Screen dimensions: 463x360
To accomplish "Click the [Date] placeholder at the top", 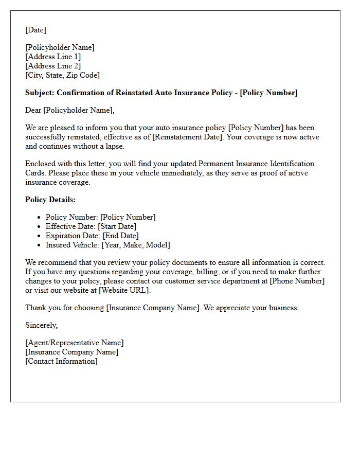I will tap(35, 30).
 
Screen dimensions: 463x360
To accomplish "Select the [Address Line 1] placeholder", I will tap(53, 57).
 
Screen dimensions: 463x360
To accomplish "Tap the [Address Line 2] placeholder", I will tap(53, 66).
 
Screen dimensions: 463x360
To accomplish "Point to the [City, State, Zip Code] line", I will tap(62, 75).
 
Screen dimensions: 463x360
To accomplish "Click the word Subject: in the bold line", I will tap(40, 93).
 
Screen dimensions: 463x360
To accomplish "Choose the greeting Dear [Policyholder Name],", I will tap(70, 110).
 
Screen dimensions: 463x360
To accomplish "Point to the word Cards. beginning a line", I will tap(35, 173).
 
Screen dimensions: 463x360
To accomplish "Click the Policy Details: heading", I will tap(50, 200).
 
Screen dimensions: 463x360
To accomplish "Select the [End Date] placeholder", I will tap(120, 236).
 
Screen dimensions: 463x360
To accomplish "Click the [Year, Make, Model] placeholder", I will tap(136, 245).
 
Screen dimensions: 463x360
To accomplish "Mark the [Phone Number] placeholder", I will tap(297, 281).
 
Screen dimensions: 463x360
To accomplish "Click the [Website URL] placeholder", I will tap(124, 290).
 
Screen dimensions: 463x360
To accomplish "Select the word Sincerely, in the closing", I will tap(42, 325).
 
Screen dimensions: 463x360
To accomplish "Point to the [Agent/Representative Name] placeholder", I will tap(75, 343).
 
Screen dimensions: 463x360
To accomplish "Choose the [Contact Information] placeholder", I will tap(61, 361).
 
